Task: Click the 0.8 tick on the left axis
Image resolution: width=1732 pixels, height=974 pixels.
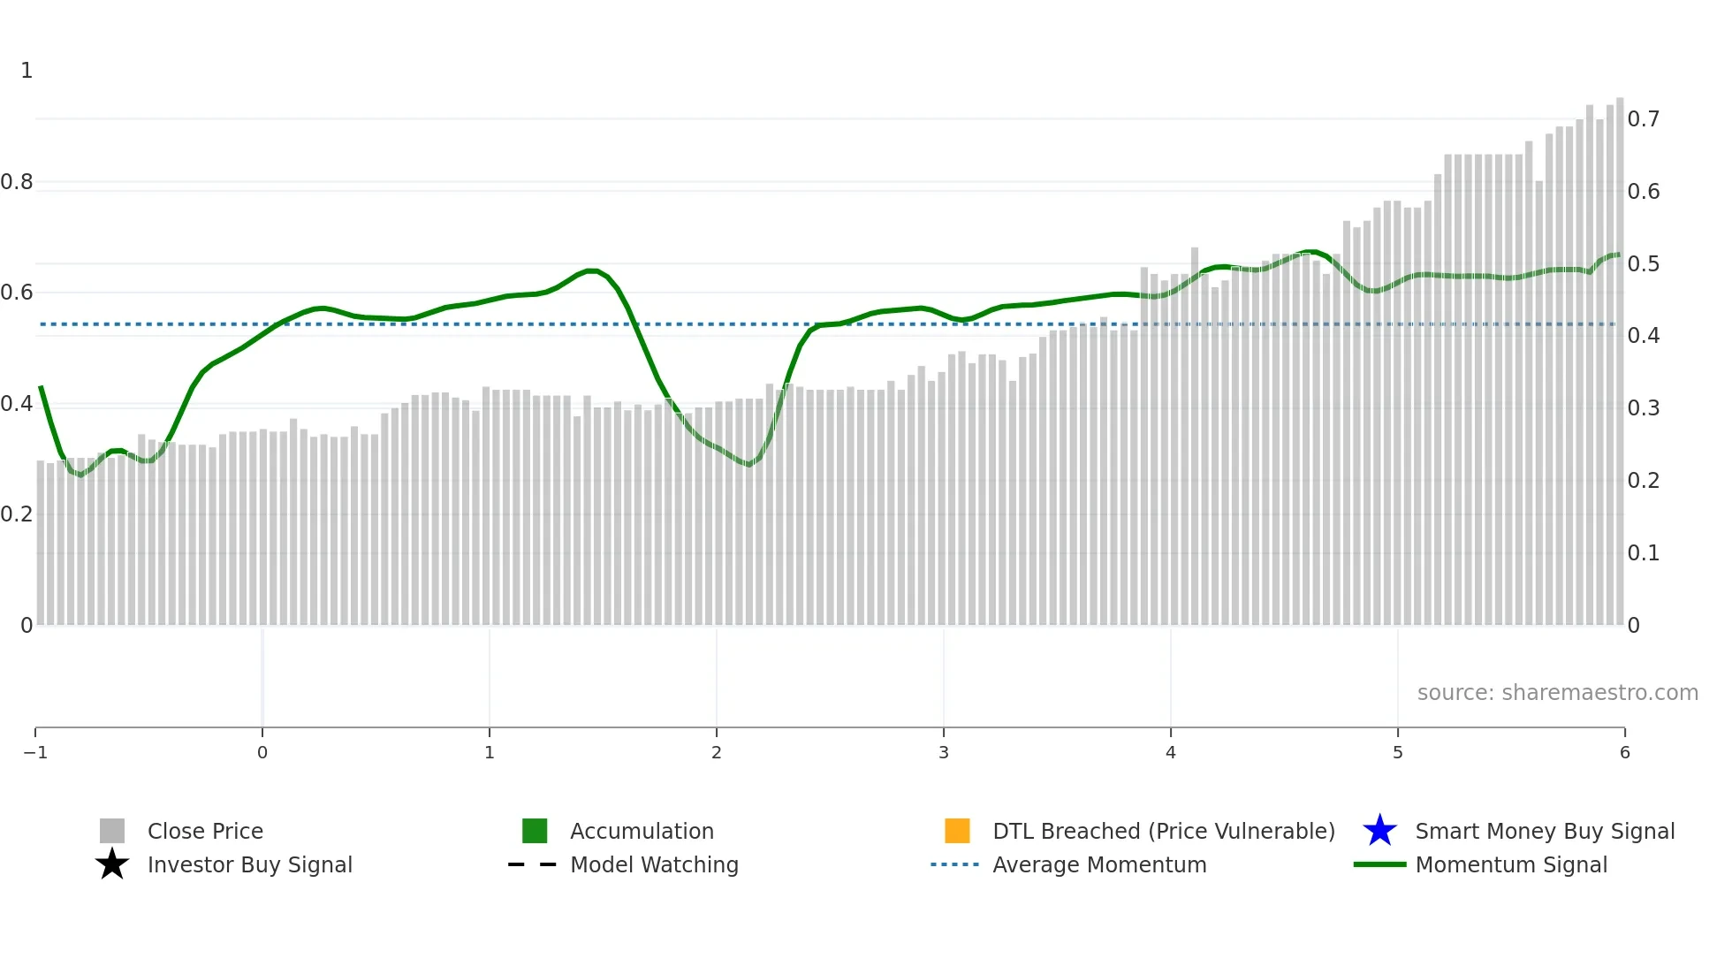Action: pyautogui.click(x=17, y=182)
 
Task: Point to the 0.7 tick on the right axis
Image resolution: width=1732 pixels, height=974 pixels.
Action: pyautogui.click(x=1643, y=119)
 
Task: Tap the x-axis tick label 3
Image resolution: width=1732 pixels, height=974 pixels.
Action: pyautogui.click(x=943, y=753)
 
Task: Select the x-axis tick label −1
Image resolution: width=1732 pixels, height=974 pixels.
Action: pyautogui.click(x=35, y=753)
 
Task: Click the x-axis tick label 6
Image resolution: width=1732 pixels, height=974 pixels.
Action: pyautogui.click(x=1624, y=753)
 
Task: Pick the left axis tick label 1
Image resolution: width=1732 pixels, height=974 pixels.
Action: pyautogui.click(x=27, y=71)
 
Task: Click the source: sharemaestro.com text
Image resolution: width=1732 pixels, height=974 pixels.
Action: pyautogui.click(x=1557, y=693)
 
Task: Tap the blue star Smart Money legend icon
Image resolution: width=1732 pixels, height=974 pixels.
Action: pyautogui.click(x=1379, y=831)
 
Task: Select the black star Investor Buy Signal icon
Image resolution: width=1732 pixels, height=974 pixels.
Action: pyautogui.click(x=112, y=864)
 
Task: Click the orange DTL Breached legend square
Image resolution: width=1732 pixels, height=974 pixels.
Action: pyautogui.click(x=957, y=831)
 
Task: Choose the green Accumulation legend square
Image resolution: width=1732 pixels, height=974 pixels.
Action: pyautogui.click(x=535, y=831)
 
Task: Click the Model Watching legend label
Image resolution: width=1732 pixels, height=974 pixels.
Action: pyautogui.click(x=654, y=865)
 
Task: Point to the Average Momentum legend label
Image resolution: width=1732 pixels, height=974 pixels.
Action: pyautogui.click(x=1099, y=865)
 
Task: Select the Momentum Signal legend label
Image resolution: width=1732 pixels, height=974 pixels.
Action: pyautogui.click(x=1511, y=865)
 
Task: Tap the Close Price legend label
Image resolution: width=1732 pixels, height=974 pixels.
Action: pyautogui.click(x=205, y=832)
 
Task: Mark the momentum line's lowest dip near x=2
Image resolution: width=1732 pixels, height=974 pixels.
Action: pyautogui.click(x=749, y=464)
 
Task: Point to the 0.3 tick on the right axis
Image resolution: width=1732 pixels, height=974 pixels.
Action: pyautogui.click(x=1643, y=408)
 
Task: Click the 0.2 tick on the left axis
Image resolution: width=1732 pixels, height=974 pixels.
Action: pyautogui.click(x=17, y=514)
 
